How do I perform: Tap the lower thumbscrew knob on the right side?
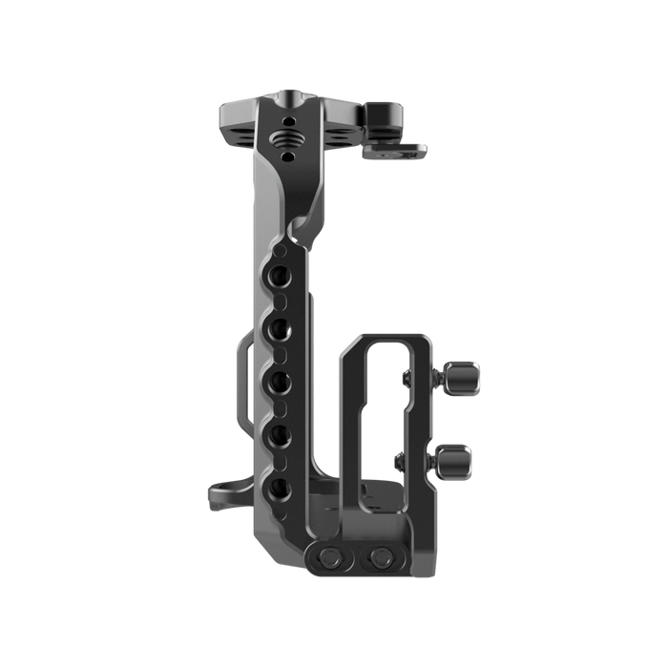(x=457, y=457)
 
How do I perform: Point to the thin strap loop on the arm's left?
(x=238, y=382)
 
